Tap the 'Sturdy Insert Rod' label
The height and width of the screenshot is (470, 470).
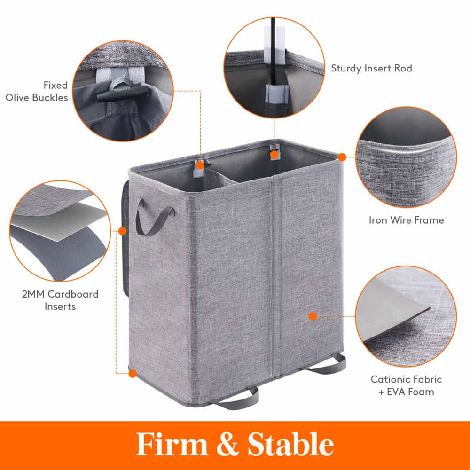coord(371,68)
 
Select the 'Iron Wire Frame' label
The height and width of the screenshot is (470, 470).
coord(406,219)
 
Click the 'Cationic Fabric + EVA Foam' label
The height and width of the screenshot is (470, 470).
coord(406,385)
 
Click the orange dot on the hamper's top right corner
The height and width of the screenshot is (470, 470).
coord(342,157)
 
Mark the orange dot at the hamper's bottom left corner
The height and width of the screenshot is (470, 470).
coord(132,374)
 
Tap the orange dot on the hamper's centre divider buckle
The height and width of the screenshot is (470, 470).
coord(200,165)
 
